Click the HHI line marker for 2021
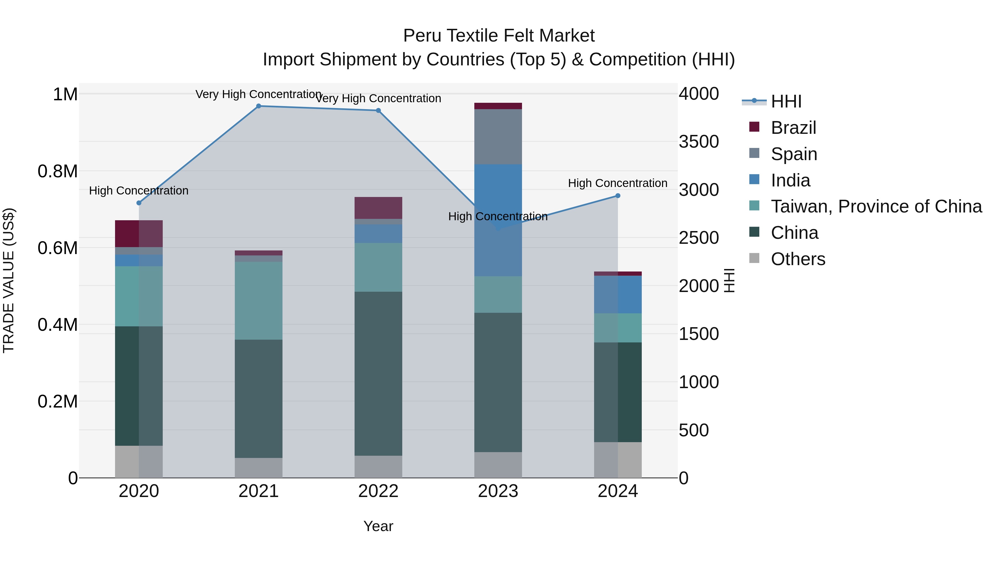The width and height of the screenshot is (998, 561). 258,106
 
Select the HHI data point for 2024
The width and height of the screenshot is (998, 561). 618,196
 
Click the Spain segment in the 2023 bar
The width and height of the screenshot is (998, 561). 498,137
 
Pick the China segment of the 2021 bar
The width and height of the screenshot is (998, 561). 258,399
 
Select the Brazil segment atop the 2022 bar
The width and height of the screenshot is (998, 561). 378,208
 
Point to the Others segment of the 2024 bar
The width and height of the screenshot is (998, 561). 618,460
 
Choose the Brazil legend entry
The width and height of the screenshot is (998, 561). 793,128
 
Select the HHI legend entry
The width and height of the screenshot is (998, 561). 786,101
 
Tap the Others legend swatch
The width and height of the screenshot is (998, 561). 754,258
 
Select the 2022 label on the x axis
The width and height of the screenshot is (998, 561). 378,491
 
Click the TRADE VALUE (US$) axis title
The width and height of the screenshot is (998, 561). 9,280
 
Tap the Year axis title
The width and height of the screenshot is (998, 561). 378,526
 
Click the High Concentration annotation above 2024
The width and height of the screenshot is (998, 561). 618,183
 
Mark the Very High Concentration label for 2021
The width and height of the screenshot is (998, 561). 258,94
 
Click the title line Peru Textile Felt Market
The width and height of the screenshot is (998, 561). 499,36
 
